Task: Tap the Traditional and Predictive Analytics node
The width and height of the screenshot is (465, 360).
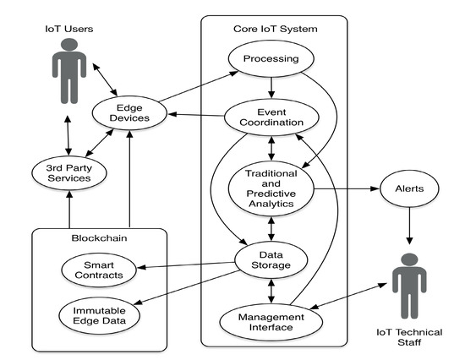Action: click(x=271, y=188)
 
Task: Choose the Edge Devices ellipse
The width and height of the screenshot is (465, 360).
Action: click(x=129, y=113)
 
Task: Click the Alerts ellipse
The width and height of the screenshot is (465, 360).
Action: click(x=408, y=190)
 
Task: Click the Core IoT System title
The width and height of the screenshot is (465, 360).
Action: click(x=275, y=29)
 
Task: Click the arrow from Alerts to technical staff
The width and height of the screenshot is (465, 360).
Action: click(x=408, y=226)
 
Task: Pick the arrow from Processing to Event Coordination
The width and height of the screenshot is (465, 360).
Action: click(x=271, y=90)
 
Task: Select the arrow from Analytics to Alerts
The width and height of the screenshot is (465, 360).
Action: click(x=347, y=190)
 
